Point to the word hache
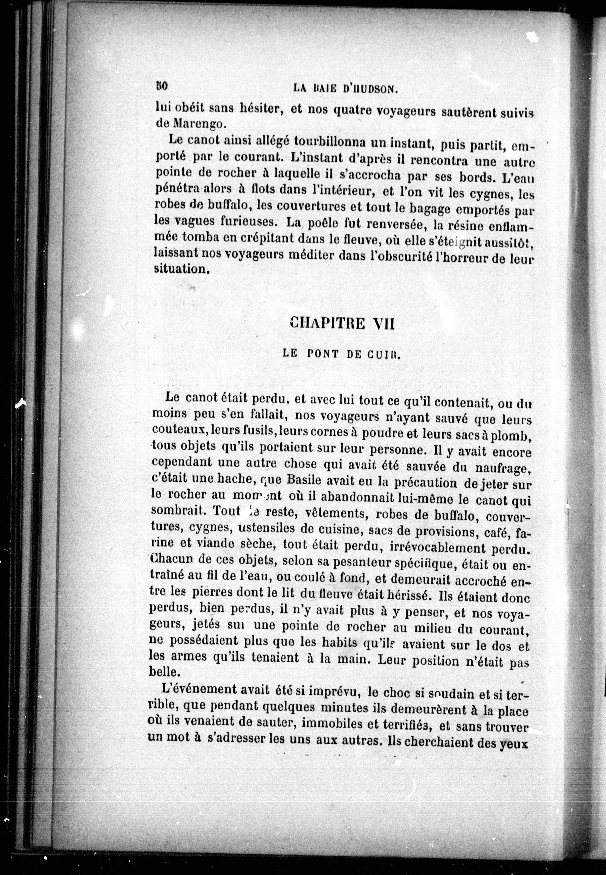(238, 480)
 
